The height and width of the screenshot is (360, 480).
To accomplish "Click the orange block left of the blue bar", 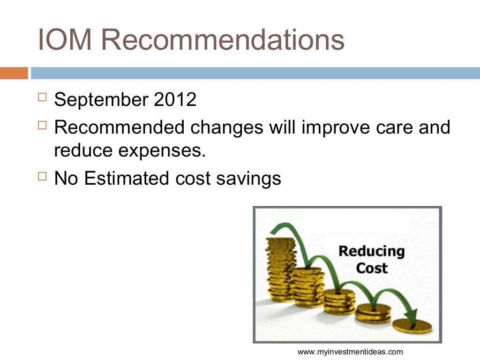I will click(x=14, y=73).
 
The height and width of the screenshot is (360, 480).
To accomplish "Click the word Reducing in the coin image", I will click(x=371, y=251).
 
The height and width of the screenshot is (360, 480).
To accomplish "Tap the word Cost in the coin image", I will click(x=372, y=269).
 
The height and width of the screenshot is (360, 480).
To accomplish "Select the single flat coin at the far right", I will click(x=413, y=325).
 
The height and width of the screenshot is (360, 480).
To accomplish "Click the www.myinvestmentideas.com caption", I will click(x=350, y=352).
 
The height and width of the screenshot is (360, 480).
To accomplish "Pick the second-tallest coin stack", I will click(x=307, y=286).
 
